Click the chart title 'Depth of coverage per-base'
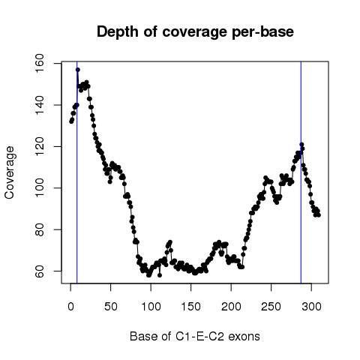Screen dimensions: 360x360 195,32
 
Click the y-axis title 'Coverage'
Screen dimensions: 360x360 9,172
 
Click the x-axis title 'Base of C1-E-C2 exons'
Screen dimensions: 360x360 195,337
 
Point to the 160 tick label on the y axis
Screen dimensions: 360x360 40,64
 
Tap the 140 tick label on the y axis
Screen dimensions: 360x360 40,105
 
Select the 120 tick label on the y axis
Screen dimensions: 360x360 40,146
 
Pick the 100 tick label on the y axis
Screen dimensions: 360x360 40,188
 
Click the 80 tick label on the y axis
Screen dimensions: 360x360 40,229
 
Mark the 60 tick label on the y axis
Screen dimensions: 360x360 40,271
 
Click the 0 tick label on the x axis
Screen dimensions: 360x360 70,307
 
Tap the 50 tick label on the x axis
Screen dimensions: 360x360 111,307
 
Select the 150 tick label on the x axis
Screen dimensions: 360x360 191,307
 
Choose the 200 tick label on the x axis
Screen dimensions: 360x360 231,307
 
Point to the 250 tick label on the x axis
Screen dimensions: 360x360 271,307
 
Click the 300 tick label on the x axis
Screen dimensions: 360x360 311,307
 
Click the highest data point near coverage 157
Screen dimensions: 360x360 78,70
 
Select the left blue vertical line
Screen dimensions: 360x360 77,172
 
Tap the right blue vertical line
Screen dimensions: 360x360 301,172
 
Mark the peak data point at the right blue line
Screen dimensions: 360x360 301,145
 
